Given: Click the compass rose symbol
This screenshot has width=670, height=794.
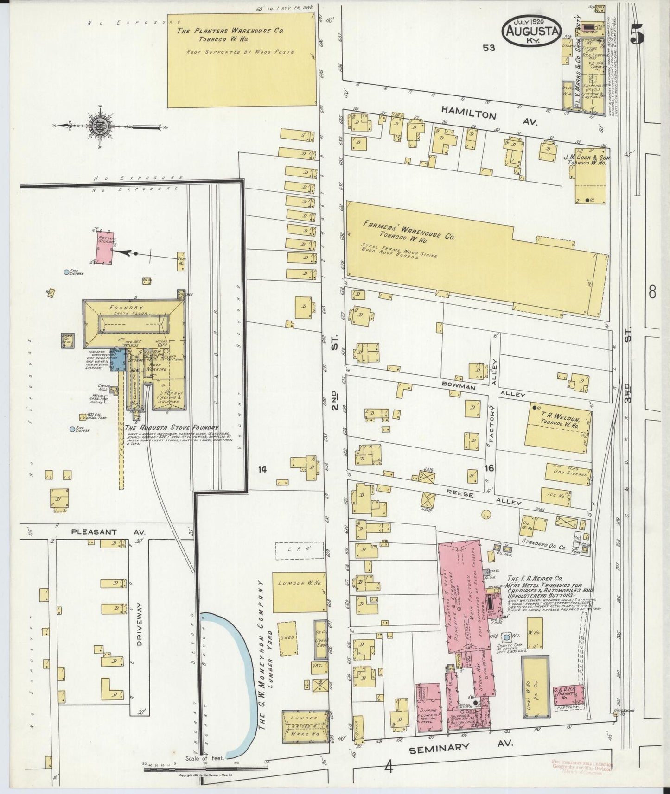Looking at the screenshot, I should point(100,126).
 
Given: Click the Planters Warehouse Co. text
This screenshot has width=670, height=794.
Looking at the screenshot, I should point(230,32).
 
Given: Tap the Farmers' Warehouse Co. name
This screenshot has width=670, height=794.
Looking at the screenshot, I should point(408,230).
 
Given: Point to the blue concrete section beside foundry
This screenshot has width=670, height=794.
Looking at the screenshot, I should point(118,360).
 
